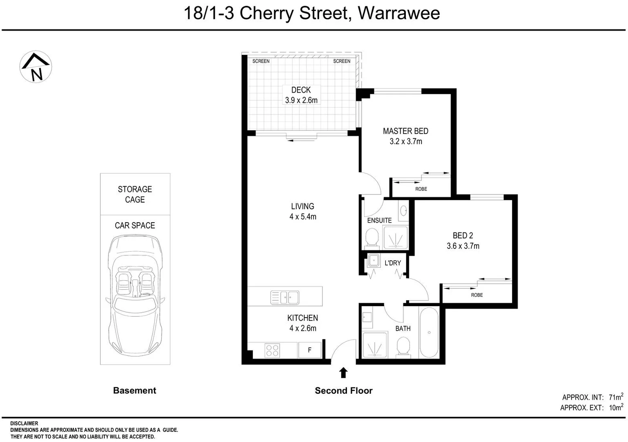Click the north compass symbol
(x=36, y=67)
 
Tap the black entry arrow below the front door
(x=343, y=373)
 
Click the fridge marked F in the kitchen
(x=309, y=350)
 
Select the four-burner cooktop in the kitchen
(x=272, y=351)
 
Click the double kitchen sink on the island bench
(x=285, y=298)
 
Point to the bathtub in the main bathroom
(x=429, y=332)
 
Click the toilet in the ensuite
(x=372, y=237)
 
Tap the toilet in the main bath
(x=403, y=347)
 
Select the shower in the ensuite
(x=395, y=238)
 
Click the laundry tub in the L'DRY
(x=374, y=260)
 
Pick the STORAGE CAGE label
(x=135, y=194)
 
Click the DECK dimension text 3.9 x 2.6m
(x=301, y=100)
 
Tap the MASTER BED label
(x=405, y=131)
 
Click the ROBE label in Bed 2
(x=477, y=295)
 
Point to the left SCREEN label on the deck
(x=261, y=61)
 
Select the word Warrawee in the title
(x=398, y=13)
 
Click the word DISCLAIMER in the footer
(x=24, y=424)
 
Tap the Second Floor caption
(x=343, y=391)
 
